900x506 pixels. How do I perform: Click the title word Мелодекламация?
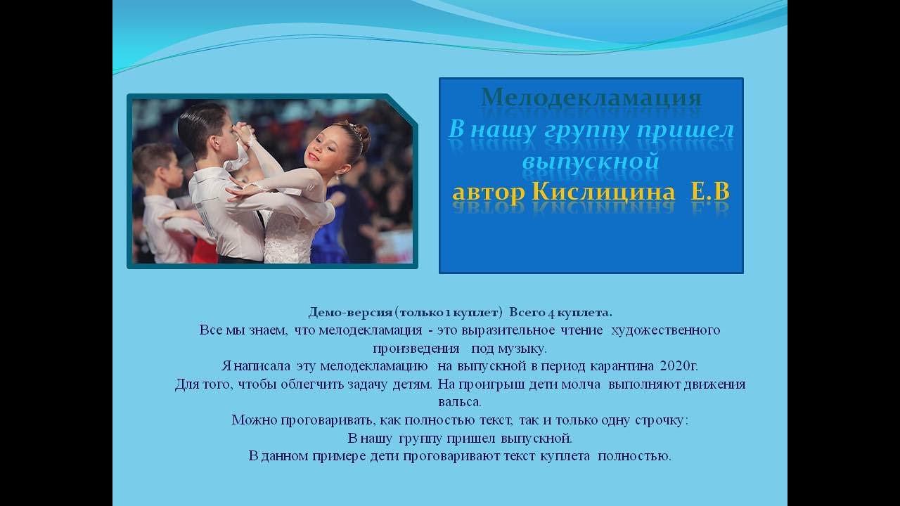point(591,98)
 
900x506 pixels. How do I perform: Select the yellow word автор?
point(489,192)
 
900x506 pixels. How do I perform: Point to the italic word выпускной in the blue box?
point(591,161)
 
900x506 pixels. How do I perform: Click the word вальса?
point(460,403)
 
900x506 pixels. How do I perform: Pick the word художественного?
point(666,330)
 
